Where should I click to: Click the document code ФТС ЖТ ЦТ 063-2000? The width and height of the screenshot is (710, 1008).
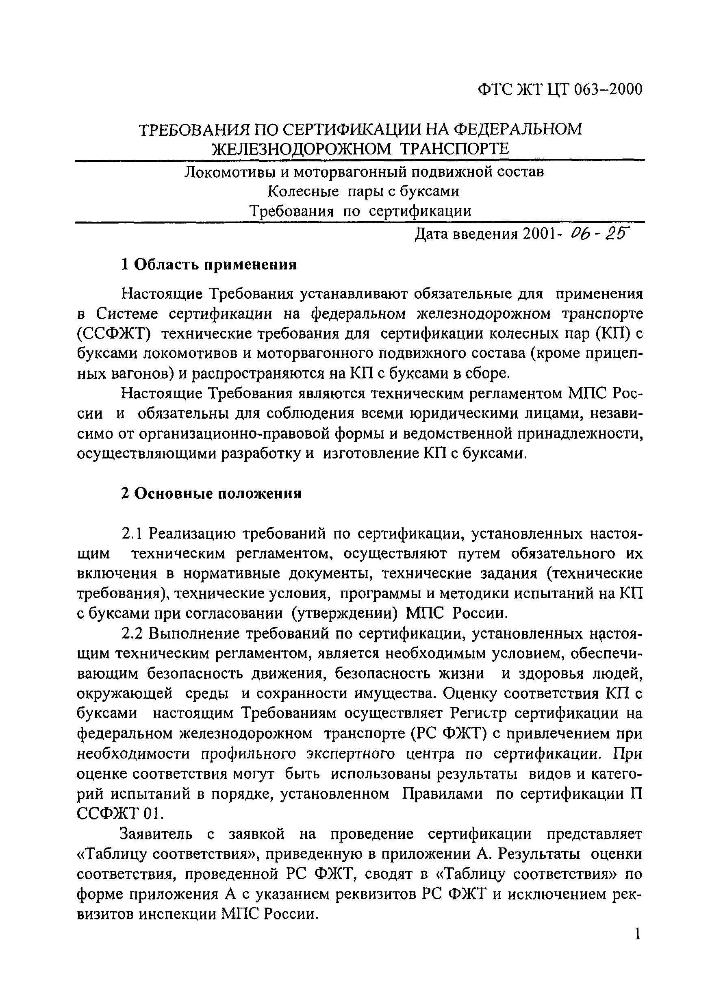pos(560,89)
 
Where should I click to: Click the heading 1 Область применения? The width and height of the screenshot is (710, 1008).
pos(209,264)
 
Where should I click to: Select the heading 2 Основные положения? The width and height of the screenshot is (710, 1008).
pos(211,493)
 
